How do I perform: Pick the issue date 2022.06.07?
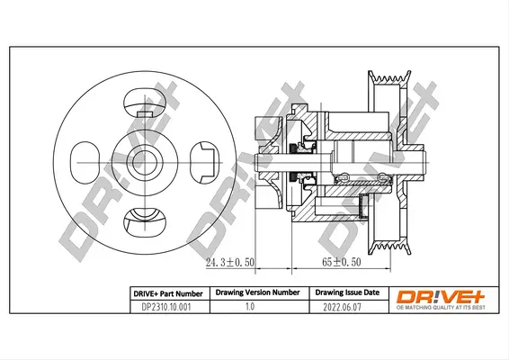(346, 307)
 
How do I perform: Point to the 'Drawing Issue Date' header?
(346, 293)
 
